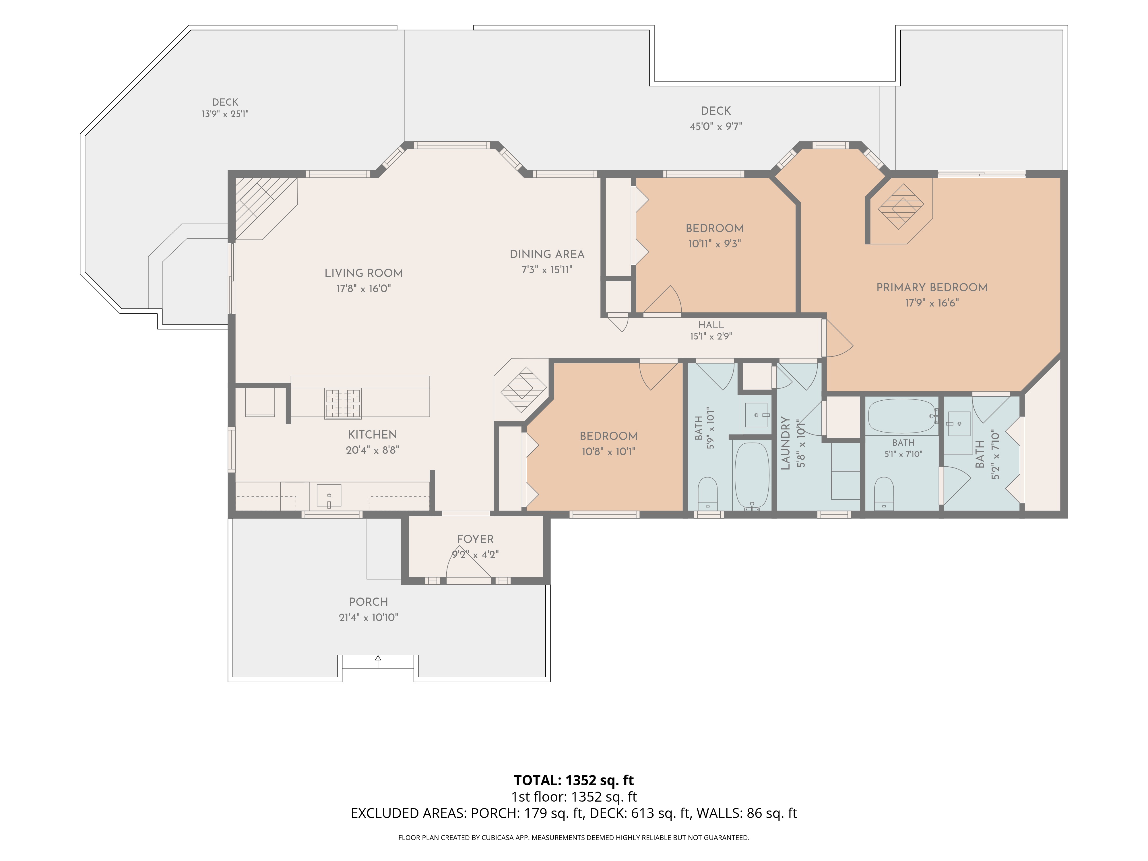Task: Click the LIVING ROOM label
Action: (363, 273)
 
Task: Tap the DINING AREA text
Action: (547, 254)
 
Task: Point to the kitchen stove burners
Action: (343, 404)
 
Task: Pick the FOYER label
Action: (475, 539)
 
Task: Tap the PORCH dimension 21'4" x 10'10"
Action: (369, 618)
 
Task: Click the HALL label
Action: (711, 325)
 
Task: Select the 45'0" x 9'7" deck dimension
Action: (716, 126)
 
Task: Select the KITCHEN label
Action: (373, 435)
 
